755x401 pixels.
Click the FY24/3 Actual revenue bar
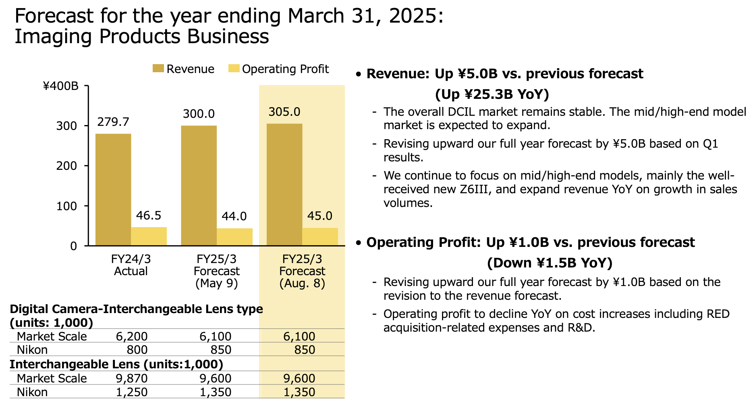pos(113,190)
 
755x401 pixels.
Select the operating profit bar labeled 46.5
pos(149,236)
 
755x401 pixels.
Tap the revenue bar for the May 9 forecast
pos(199,186)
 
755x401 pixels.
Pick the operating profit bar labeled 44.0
pos(234,237)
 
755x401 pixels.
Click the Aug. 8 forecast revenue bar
pos(284,184)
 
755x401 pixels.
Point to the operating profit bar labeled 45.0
pos(320,237)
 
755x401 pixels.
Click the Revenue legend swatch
pos(158,69)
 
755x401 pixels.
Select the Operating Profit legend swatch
pos(234,69)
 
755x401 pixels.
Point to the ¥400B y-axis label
pos(61,86)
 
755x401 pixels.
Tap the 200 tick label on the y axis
pos(66,166)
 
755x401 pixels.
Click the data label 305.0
pos(284,112)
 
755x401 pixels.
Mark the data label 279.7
pos(113,122)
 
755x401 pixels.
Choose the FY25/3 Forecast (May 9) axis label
pos(217,271)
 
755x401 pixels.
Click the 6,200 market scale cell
pos(132,336)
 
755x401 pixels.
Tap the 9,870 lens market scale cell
pos(132,378)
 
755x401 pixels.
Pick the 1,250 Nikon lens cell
pos(132,392)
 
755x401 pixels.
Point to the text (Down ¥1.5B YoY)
pos(550,263)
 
